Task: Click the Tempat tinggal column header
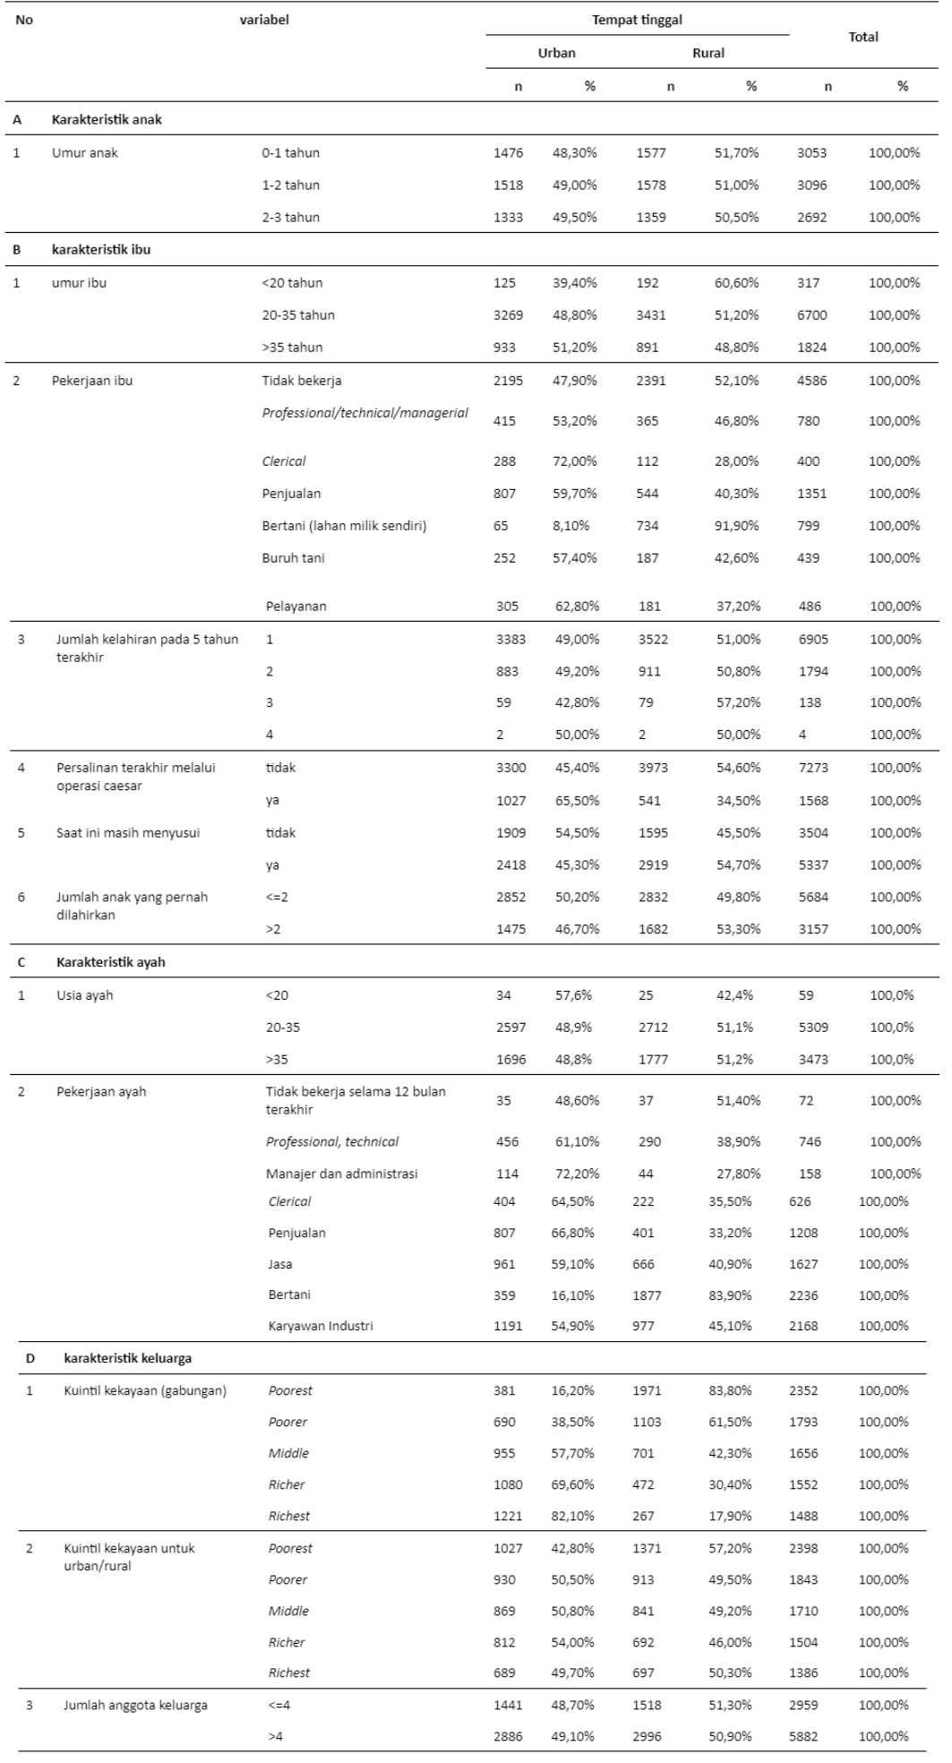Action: tap(637, 20)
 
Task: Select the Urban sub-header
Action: tap(556, 53)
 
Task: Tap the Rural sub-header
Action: tap(708, 53)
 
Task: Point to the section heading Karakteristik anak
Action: tap(107, 119)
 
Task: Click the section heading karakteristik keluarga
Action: tap(127, 1358)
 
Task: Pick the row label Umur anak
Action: tap(85, 152)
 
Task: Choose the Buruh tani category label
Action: tap(293, 557)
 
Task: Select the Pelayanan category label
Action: tap(296, 606)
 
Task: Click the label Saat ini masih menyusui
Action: tap(128, 832)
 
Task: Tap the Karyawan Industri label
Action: tap(321, 1325)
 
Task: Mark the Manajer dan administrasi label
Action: tap(341, 1173)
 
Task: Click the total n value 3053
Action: tap(811, 152)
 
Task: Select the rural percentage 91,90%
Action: tap(736, 525)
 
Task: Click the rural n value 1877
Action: tap(647, 1294)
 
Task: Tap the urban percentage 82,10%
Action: tap(572, 1516)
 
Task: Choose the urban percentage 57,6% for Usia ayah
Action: tap(573, 994)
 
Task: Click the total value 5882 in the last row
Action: tap(803, 1736)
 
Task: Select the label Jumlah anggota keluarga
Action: tap(135, 1705)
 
